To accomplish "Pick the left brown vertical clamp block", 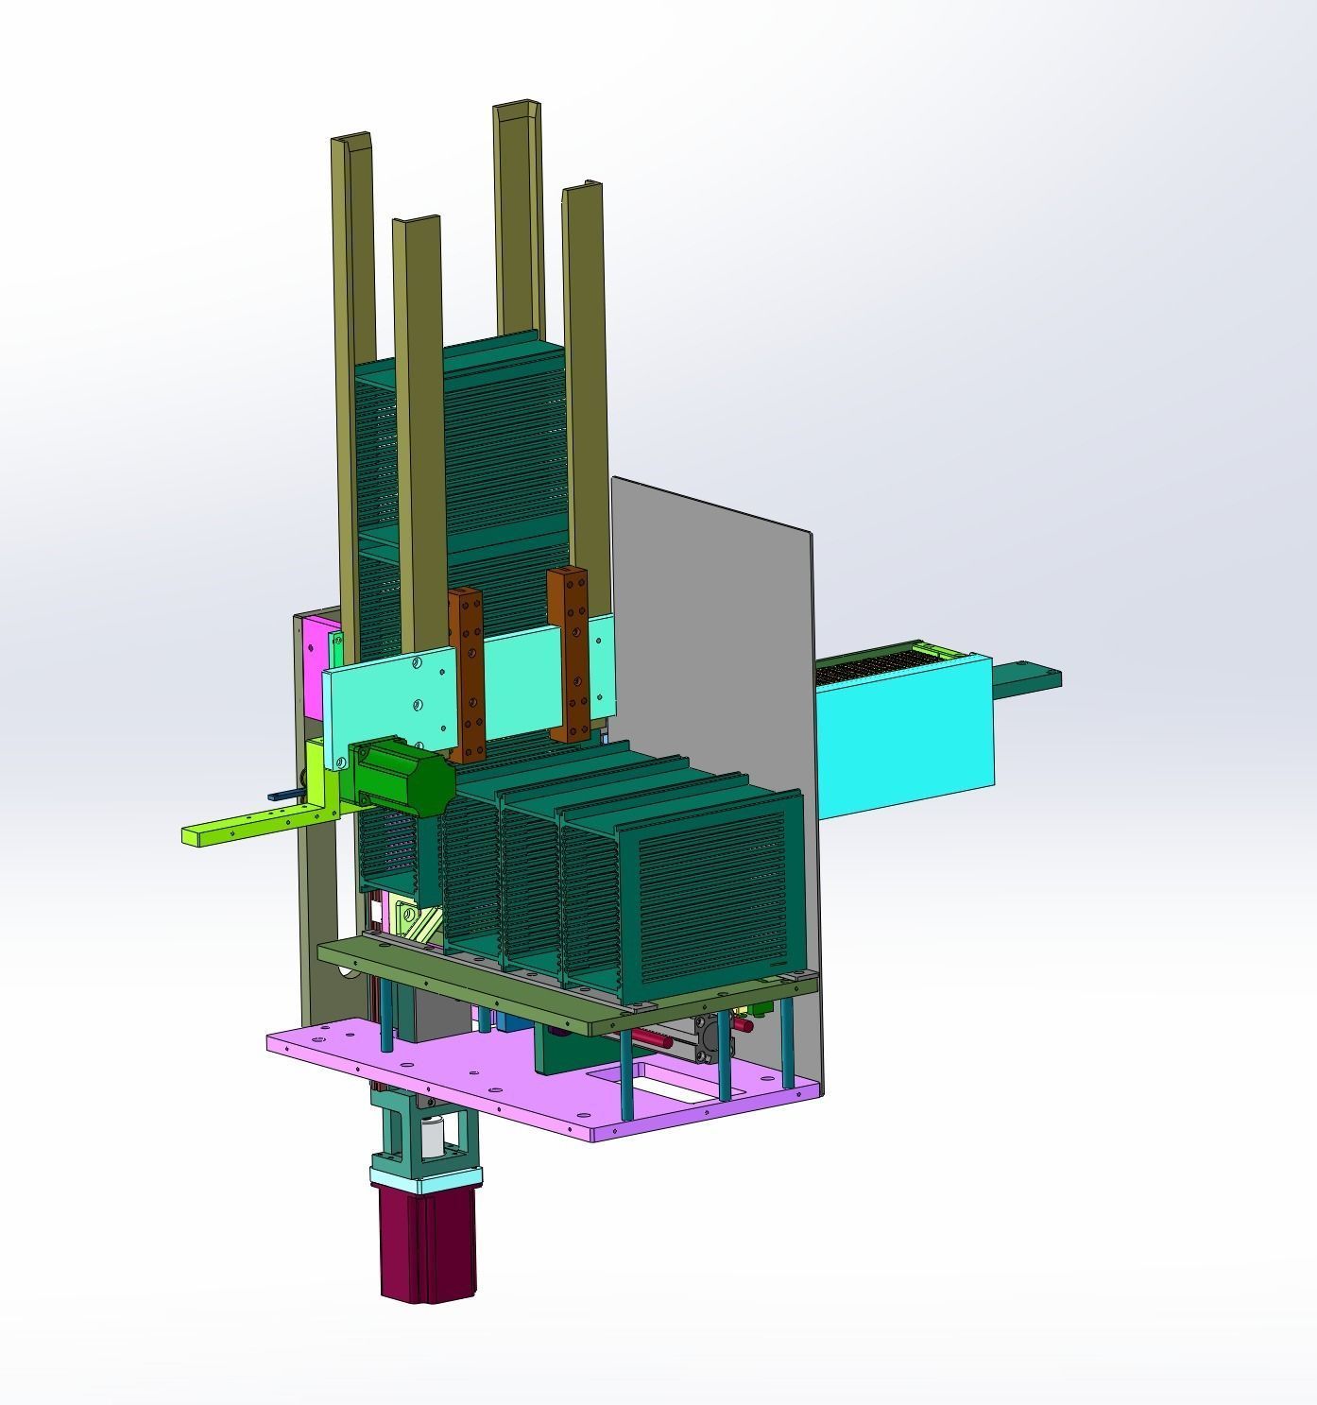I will (x=466, y=673).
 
